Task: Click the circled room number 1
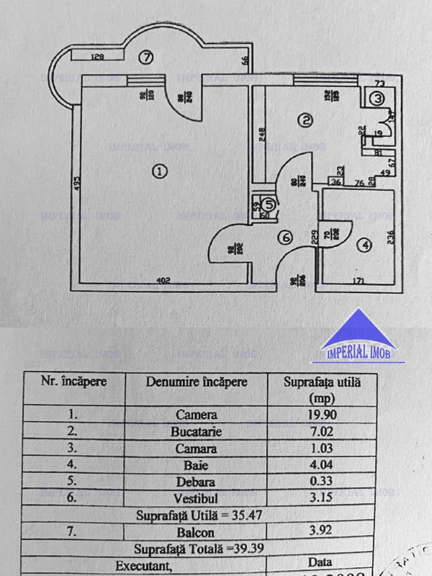pyautogui.click(x=160, y=171)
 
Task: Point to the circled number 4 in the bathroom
pyautogui.click(x=365, y=246)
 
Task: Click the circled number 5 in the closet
pyautogui.click(x=269, y=205)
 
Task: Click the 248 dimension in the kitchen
pyautogui.click(x=264, y=135)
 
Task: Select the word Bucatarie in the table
pyautogui.click(x=196, y=431)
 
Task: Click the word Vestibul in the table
pyautogui.click(x=196, y=498)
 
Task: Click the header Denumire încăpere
pyautogui.click(x=196, y=382)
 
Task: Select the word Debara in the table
pyautogui.click(x=196, y=481)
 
